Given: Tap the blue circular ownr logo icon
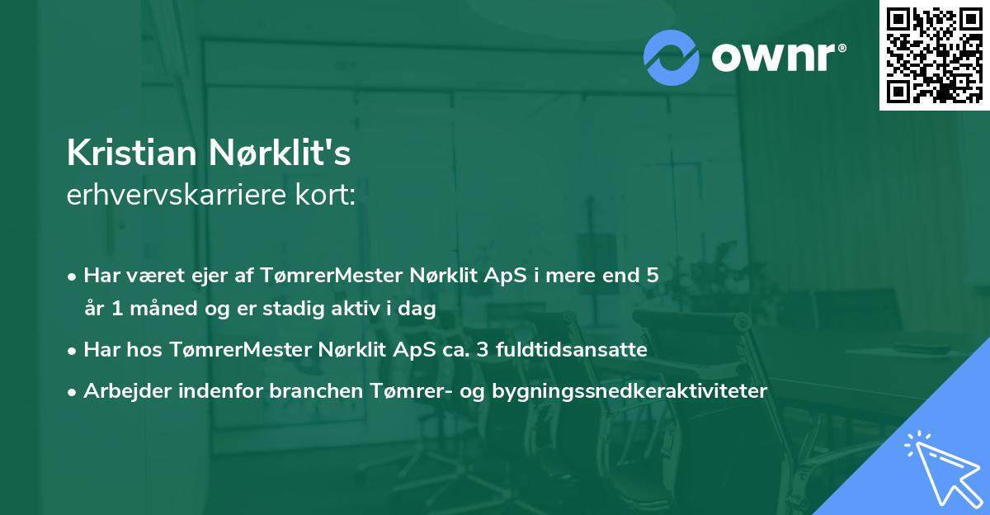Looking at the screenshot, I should click(672, 57).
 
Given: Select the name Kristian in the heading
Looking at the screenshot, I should click(131, 154).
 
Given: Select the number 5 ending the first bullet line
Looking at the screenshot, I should click(653, 276).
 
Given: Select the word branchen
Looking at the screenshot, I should click(307, 390).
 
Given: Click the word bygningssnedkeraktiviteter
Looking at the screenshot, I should click(629, 390).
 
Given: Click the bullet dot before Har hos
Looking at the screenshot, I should click(73, 350).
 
